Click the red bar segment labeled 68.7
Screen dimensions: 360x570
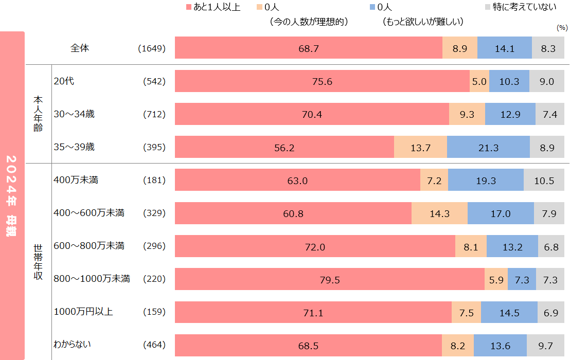[309, 48]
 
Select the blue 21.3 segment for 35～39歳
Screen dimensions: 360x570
[488, 148]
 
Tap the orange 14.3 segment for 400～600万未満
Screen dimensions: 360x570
[439, 213]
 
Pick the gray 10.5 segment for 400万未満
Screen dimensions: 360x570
[544, 181]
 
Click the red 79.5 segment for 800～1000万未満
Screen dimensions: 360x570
[330, 280]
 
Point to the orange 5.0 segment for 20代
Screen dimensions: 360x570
[479, 81]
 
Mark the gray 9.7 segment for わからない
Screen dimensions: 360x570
[545, 346]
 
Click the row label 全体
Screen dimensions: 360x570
[80, 48]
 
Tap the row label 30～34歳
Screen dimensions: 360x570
[74, 114]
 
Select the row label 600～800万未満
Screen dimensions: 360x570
[89, 246]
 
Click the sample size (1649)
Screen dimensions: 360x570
[152, 48]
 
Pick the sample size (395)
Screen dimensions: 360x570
[154, 148]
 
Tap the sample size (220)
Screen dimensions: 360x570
[154, 279]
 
